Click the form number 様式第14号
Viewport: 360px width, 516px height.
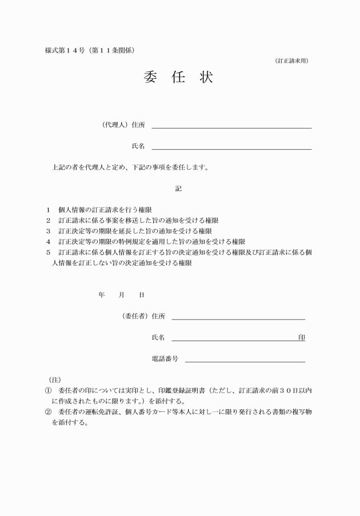tap(64, 50)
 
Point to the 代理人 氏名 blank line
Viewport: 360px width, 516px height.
tap(231, 149)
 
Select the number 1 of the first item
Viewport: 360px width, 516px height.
tap(48, 210)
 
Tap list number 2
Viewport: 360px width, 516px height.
tap(48, 221)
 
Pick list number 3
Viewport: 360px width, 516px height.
tap(48, 231)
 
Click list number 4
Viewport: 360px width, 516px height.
tap(48, 242)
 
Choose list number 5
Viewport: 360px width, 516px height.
tap(48, 252)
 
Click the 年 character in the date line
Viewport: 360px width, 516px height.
tap(102, 295)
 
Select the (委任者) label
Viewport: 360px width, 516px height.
tap(135, 316)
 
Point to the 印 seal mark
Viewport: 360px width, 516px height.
tap(301, 338)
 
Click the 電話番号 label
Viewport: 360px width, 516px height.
tap(165, 359)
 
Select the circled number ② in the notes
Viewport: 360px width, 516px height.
tap(48, 411)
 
